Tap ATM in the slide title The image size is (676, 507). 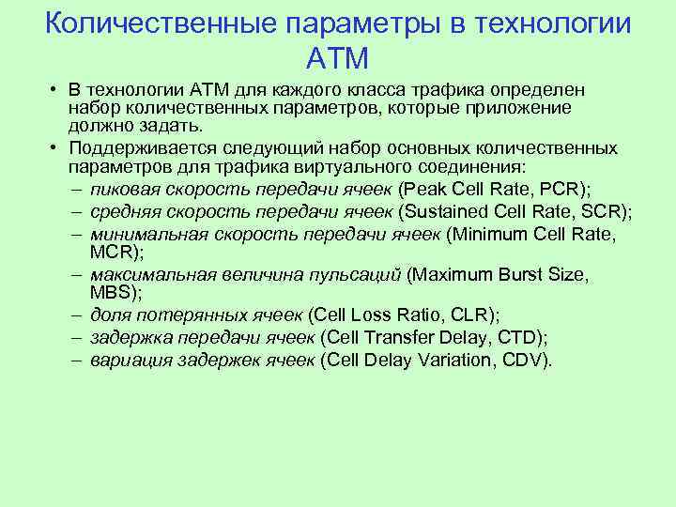[337, 58]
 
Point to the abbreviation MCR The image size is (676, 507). [111, 252]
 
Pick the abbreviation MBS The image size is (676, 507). [111, 293]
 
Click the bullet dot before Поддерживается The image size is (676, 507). [56, 148]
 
